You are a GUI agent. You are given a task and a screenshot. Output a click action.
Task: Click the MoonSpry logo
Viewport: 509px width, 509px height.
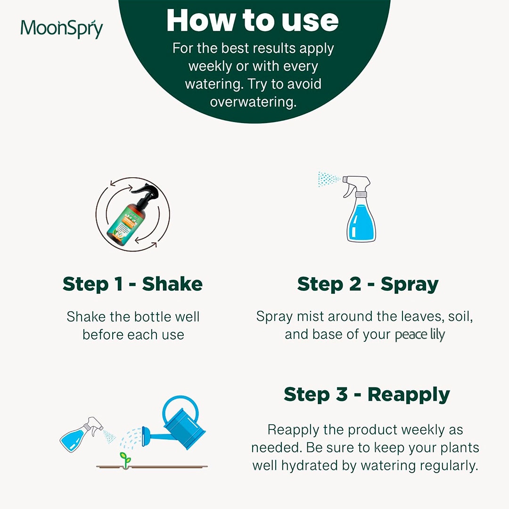point(62,29)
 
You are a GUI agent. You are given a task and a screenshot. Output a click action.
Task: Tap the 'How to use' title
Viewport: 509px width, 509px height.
point(253,20)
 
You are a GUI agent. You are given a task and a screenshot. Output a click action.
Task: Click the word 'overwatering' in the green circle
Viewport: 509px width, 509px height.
point(253,102)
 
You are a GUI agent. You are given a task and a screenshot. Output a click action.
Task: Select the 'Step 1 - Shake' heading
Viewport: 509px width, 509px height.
point(133,284)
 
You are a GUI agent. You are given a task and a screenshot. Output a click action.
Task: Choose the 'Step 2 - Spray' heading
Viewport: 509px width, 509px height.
point(368,285)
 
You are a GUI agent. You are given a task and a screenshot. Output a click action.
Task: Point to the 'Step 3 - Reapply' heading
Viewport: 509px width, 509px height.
point(367,395)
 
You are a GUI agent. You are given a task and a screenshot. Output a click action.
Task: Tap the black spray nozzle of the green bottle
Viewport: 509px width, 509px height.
point(148,194)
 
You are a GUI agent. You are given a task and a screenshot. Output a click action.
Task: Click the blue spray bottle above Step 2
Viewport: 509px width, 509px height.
point(359,209)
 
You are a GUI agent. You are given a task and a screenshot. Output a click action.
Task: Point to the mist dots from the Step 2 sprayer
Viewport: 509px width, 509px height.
point(328,179)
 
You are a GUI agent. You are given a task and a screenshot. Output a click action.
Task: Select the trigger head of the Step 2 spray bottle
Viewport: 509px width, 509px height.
point(356,185)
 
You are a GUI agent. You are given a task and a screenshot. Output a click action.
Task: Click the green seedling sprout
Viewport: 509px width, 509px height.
point(125,460)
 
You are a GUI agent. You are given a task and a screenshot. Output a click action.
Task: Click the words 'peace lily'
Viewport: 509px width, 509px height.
point(420,335)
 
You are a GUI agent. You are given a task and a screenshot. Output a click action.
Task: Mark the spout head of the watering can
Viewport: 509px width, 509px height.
point(146,436)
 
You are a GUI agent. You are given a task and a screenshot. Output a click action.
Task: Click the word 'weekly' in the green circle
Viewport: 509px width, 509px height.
point(210,66)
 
